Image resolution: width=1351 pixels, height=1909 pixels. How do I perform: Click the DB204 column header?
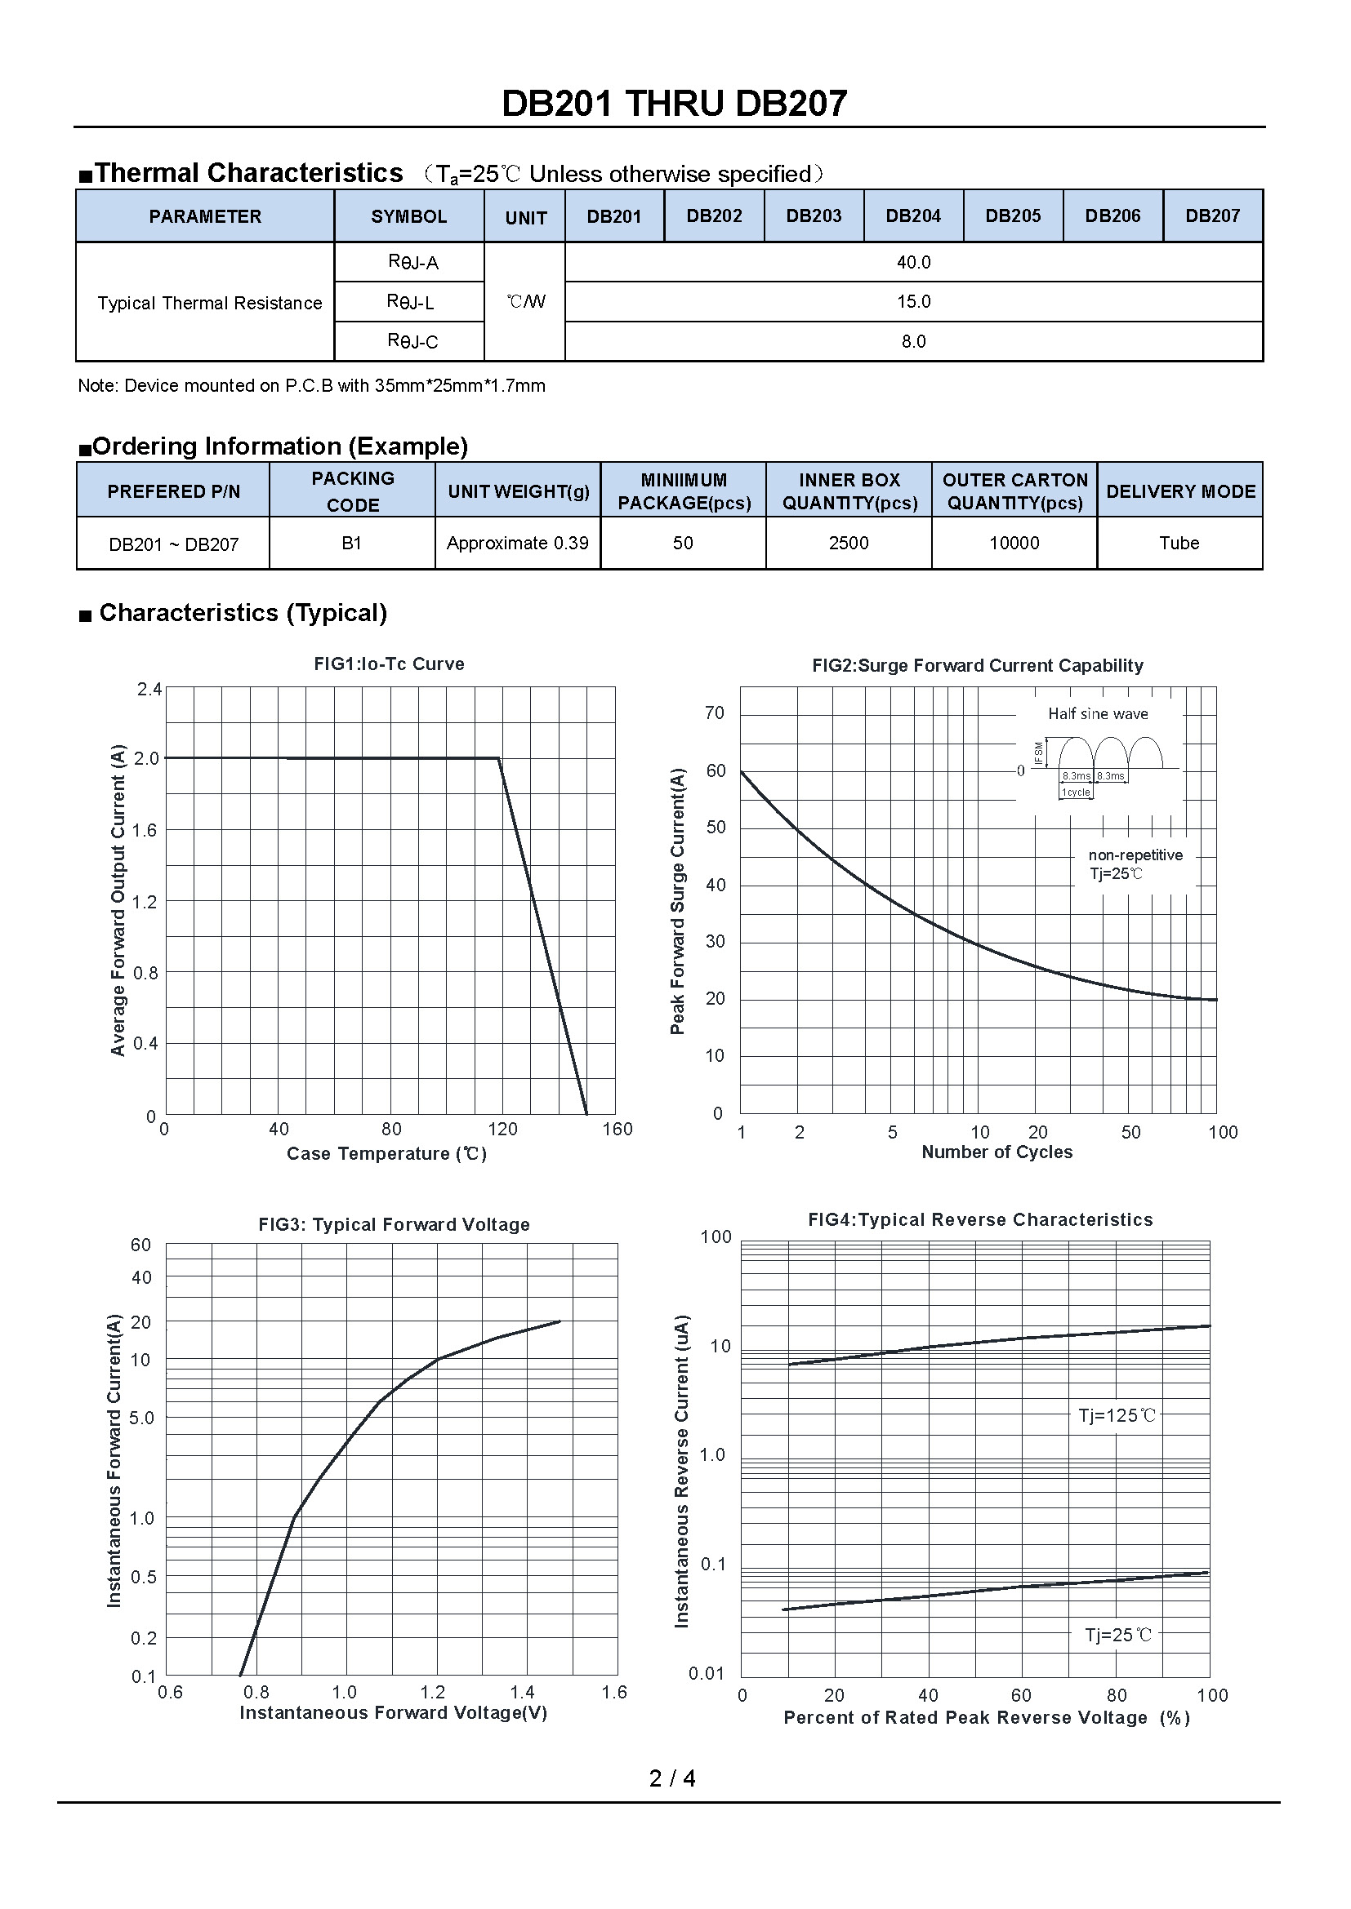click(912, 216)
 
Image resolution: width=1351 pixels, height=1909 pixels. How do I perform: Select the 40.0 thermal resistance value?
click(913, 263)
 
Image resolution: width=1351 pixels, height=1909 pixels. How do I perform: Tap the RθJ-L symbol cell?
click(410, 302)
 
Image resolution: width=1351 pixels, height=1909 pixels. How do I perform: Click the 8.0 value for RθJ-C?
click(913, 342)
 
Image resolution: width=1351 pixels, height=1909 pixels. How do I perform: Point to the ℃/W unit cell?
click(525, 302)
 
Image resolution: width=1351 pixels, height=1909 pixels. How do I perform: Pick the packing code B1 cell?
click(352, 544)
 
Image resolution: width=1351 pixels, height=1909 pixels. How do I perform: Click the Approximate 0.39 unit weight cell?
click(517, 544)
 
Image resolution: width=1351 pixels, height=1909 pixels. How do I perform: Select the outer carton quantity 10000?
click(1014, 544)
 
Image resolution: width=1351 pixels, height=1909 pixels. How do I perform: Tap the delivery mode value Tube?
click(1179, 544)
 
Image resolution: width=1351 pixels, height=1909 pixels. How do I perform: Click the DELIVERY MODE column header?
click(1180, 491)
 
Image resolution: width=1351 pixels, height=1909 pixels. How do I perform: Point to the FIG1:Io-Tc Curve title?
click(389, 664)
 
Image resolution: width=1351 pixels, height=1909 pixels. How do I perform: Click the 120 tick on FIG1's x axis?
click(502, 1129)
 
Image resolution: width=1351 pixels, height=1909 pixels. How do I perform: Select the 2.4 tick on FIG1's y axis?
click(149, 690)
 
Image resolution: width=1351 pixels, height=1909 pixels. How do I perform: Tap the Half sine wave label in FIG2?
click(1097, 714)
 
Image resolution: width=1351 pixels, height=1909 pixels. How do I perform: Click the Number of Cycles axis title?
click(997, 1152)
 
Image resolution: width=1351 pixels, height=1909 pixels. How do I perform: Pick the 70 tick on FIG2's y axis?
click(715, 713)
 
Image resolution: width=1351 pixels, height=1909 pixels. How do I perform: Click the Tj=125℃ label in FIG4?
click(1117, 1416)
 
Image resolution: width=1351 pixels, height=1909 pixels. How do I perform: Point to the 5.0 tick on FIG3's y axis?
click(141, 1418)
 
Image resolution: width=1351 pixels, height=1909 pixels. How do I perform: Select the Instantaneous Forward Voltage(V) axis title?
click(393, 1713)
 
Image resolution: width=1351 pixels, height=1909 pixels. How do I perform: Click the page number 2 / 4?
click(672, 1778)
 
